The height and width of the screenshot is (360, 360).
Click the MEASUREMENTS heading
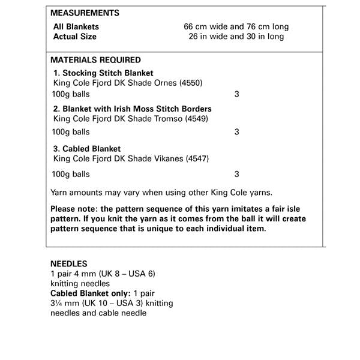coord(85,13)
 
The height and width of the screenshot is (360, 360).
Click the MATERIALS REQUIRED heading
coord(96,60)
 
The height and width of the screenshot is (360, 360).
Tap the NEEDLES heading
coord(68,263)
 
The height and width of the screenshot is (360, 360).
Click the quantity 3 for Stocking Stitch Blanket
coord(237,95)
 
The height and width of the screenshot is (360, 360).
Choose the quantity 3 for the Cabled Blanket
coord(237,175)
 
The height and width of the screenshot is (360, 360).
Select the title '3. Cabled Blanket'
coord(87,149)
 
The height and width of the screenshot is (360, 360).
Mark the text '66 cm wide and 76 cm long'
coord(236,26)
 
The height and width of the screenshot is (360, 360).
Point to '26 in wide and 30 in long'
coord(236,37)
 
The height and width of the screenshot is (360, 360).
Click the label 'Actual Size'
coord(75,37)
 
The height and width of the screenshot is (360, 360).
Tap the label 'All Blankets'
coord(76,26)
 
